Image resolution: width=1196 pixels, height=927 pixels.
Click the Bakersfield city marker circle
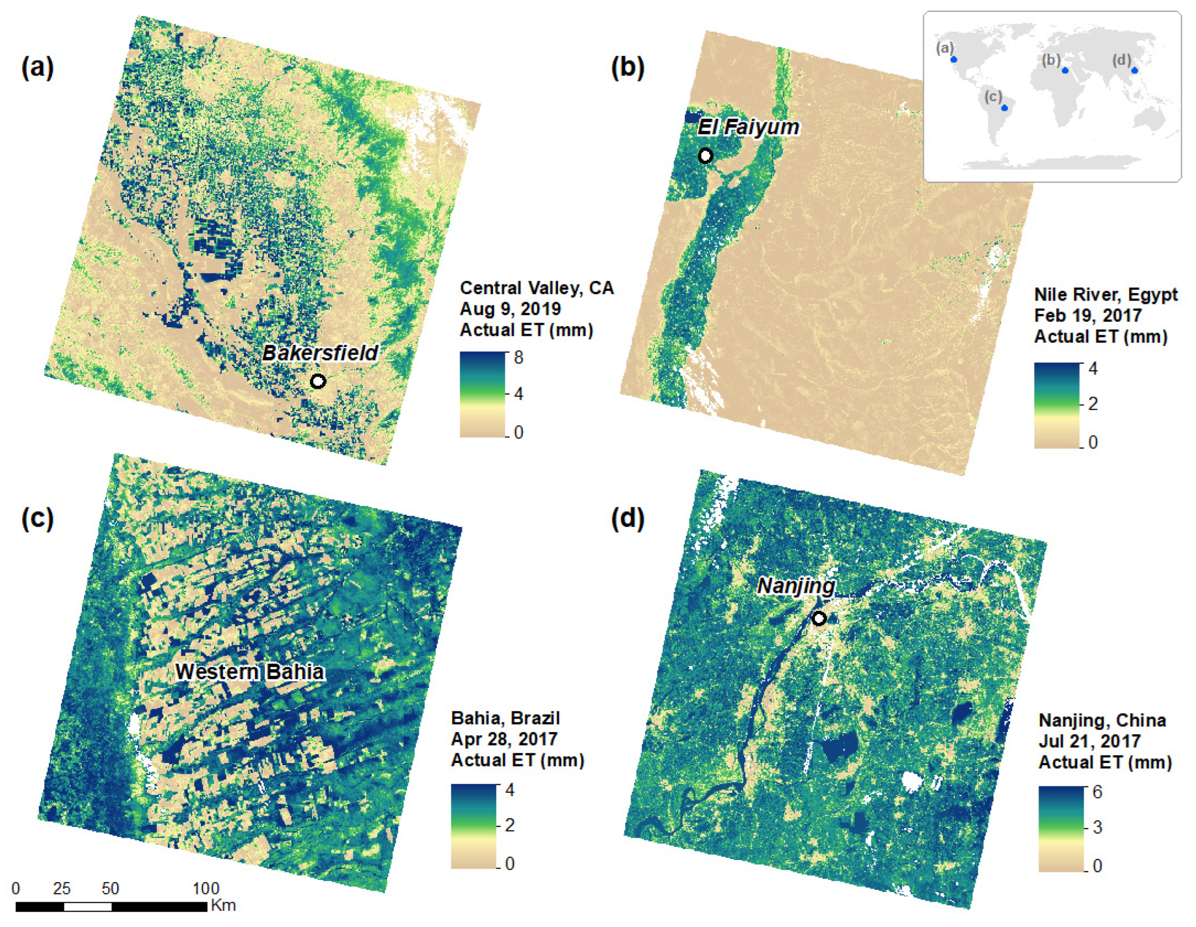pos(318,381)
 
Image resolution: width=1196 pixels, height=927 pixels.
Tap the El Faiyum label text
pos(748,127)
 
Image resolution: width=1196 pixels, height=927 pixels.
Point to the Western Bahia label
pos(250,672)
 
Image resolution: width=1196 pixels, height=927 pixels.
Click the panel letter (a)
pos(37,68)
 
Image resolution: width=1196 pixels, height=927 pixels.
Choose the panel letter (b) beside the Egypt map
pos(628,68)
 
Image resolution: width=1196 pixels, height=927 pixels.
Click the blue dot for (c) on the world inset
pos(1004,108)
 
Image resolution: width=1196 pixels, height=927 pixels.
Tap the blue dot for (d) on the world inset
pos(1135,70)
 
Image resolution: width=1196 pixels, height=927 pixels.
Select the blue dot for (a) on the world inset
pos(953,59)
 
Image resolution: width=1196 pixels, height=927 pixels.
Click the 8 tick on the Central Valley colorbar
pos(518,358)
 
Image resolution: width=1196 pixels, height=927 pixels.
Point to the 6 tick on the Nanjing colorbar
pos(1097,792)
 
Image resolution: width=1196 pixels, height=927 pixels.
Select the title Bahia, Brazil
pos(505,718)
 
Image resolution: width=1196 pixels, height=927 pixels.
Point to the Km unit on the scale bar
pos(223,905)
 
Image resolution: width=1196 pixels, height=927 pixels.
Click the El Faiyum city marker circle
pos(706,156)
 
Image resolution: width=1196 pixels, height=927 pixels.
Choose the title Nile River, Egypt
pos(1106,295)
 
